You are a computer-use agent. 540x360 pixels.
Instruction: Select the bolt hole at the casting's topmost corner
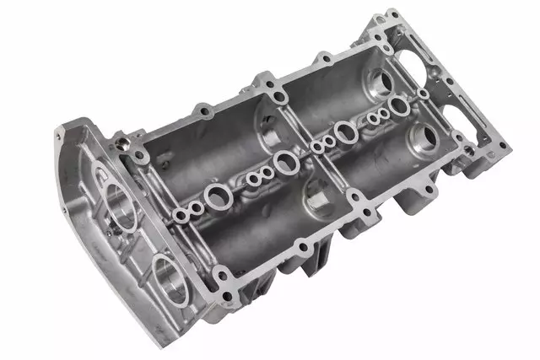point(391,14)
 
